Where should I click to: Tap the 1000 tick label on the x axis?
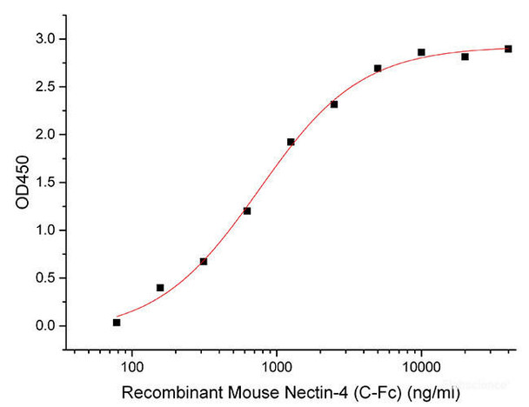pyautogui.click(x=277, y=357)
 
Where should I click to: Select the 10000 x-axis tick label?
pyautogui.click(x=421, y=357)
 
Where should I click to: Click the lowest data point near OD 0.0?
pyautogui.click(x=117, y=323)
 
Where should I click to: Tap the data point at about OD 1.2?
pyautogui.click(x=247, y=210)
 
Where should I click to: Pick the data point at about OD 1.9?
pyautogui.click(x=291, y=142)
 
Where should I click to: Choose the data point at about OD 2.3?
pyautogui.click(x=334, y=104)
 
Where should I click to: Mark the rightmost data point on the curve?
pyautogui.click(x=508, y=49)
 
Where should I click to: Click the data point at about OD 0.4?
pyautogui.click(x=160, y=287)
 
